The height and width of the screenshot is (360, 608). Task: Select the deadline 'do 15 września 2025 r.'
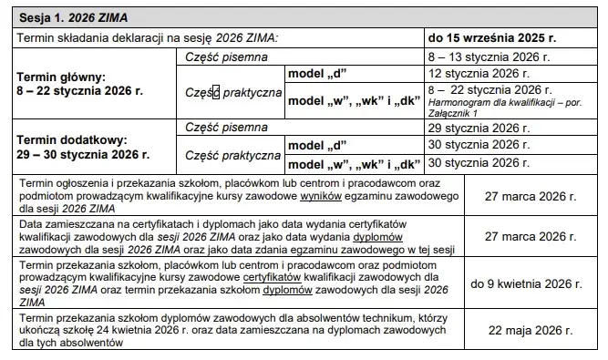pos(492,37)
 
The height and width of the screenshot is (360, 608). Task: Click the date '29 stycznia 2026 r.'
pos(479,129)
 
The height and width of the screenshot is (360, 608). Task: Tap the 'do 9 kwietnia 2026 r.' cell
pos(526,283)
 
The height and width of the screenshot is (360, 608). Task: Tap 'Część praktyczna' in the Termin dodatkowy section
pos(232,155)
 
